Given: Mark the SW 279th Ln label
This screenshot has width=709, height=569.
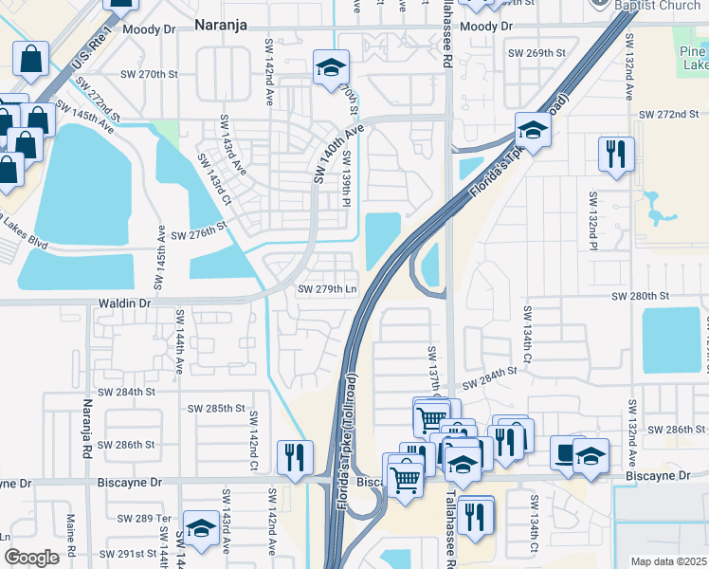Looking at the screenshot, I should pyautogui.click(x=328, y=289).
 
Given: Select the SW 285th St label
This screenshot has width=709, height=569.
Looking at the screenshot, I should pyautogui.click(x=216, y=409).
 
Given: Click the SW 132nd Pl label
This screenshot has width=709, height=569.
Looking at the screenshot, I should pyautogui.click(x=592, y=218).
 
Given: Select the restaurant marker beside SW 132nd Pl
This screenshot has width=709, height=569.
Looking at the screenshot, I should pyautogui.click(x=616, y=155).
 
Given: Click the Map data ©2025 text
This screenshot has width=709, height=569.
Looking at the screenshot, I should pyautogui.click(x=667, y=561).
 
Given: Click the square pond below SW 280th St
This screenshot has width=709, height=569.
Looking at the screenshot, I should pyautogui.click(x=671, y=340).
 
